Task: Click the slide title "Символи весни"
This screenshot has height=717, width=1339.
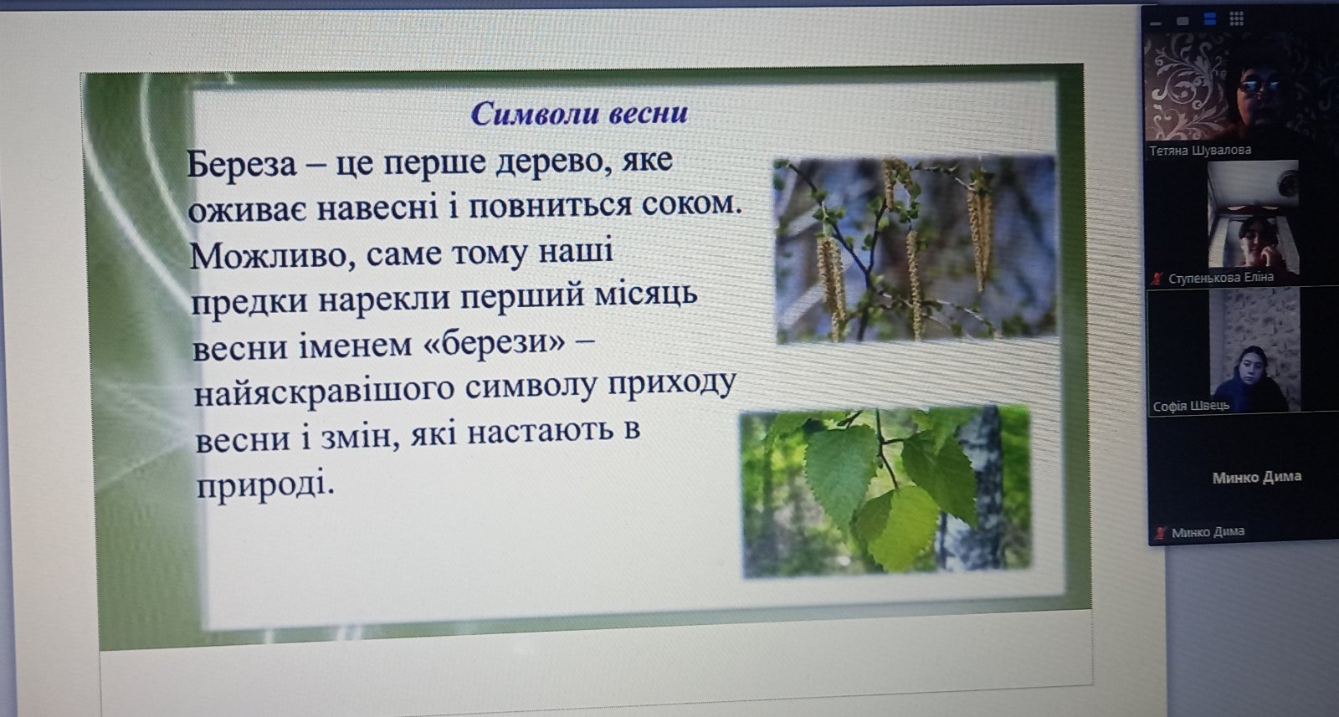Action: coord(579,113)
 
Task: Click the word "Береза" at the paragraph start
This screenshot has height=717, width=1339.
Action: coord(242,162)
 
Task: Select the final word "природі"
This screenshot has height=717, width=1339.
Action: coord(265,484)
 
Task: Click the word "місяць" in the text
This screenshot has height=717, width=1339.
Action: coord(645,294)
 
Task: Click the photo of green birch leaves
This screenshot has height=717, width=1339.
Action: coord(885,492)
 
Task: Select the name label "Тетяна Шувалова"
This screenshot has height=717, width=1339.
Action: coord(1200,150)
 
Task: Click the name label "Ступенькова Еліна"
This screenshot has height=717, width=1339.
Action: coord(1221,278)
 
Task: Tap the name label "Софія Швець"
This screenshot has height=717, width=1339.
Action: coord(1191,407)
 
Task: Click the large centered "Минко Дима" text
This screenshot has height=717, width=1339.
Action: coord(1256,477)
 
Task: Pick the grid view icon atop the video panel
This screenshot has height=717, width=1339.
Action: coord(1237,20)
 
